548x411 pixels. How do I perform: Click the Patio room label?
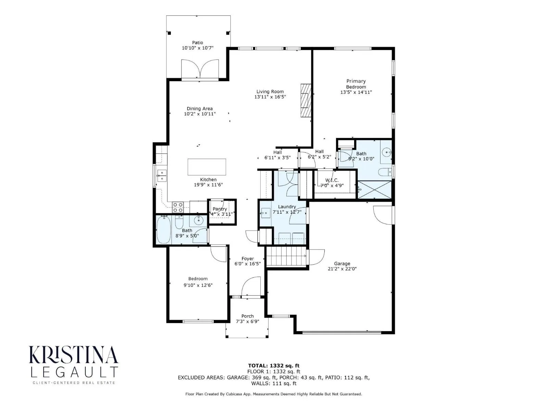tap(197, 43)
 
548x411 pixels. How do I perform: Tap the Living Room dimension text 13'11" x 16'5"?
tap(270, 97)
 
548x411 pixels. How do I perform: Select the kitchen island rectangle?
tap(207, 167)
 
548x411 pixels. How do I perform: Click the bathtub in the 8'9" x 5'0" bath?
tap(163, 229)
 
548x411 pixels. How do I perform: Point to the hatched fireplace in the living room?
tap(306, 100)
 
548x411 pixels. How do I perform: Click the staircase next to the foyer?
tap(286, 256)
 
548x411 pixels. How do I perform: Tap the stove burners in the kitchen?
tap(178, 207)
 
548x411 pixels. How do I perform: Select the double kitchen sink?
tap(162, 175)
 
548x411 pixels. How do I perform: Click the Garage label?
tap(342, 263)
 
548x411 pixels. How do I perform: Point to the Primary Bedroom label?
tap(356, 84)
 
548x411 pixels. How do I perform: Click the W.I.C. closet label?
tap(332, 180)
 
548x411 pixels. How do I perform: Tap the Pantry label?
tap(220, 209)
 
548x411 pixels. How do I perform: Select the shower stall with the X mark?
tap(374, 190)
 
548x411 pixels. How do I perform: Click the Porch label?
tap(247, 316)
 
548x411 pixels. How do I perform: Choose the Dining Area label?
tap(200, 109)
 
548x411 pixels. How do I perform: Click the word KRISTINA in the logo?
tap(74, 354)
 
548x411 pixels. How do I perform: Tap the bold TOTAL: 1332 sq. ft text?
tap(274, 366)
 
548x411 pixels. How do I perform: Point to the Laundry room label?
tap(287, 207)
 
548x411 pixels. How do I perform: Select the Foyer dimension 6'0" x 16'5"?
tap(247, 264)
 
